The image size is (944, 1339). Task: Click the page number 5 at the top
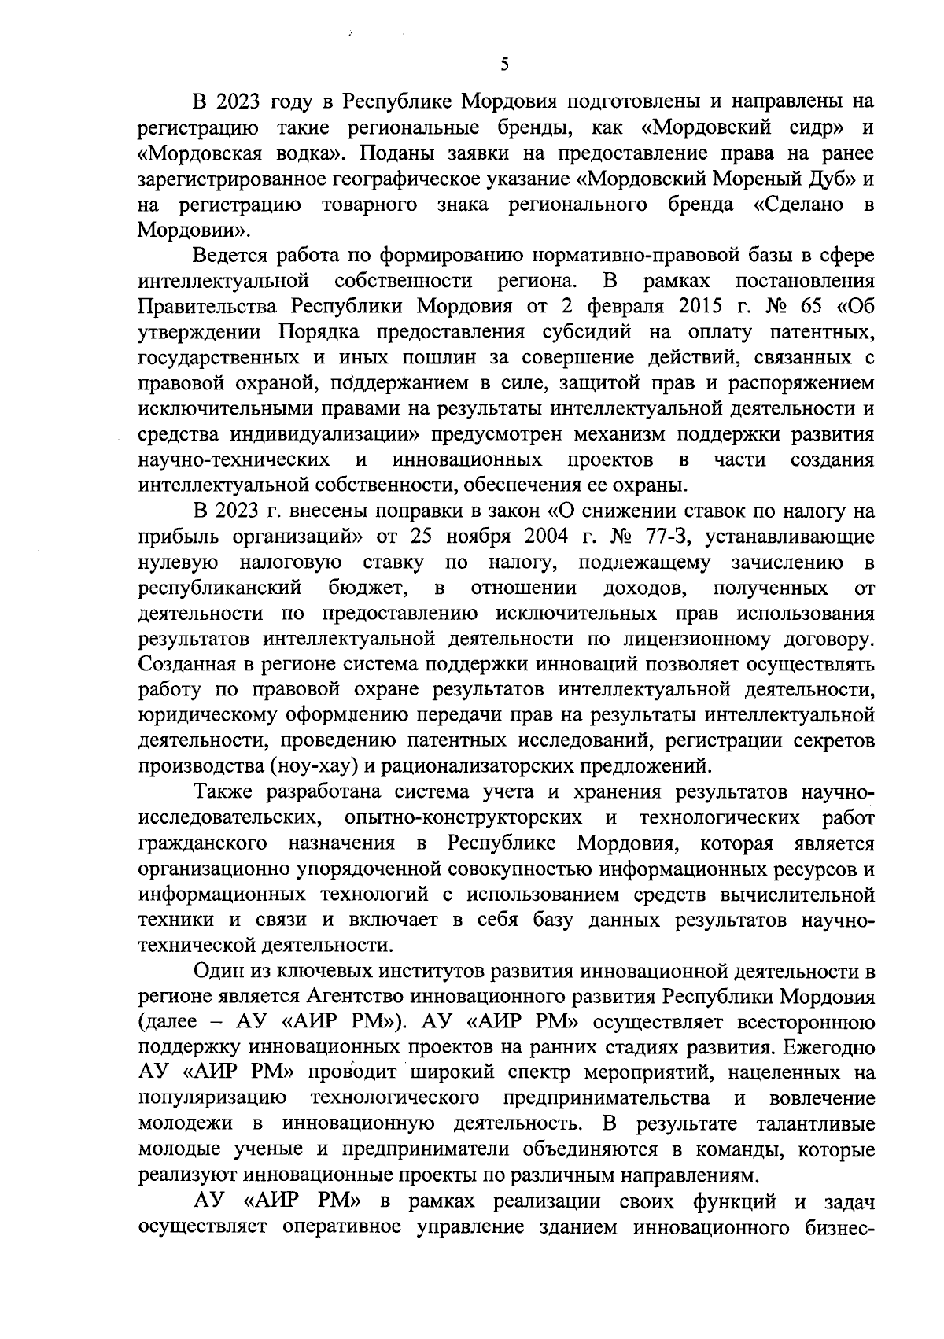click(x=503, y=65)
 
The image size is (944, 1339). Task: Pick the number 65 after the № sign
click(x=798, y=307)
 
